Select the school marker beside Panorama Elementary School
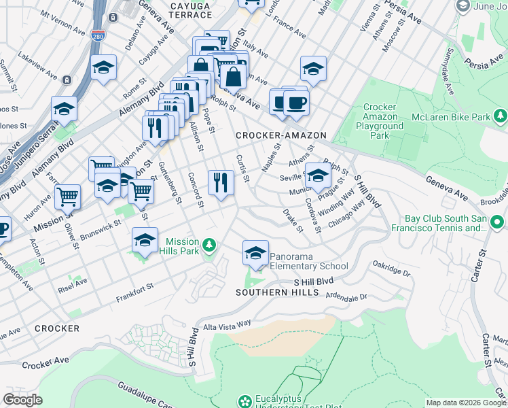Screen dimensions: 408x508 pos(255,254)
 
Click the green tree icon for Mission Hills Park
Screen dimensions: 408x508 pos(210,244)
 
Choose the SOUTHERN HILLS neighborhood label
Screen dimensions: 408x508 pos(276,292)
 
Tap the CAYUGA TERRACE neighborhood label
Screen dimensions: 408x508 pos(181,10)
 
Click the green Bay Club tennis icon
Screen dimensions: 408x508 pos(497,222)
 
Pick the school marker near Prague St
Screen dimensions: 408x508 pos(317,175)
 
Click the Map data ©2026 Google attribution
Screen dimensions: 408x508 pos(466,403)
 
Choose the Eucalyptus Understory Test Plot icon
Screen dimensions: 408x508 pos(244,401)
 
